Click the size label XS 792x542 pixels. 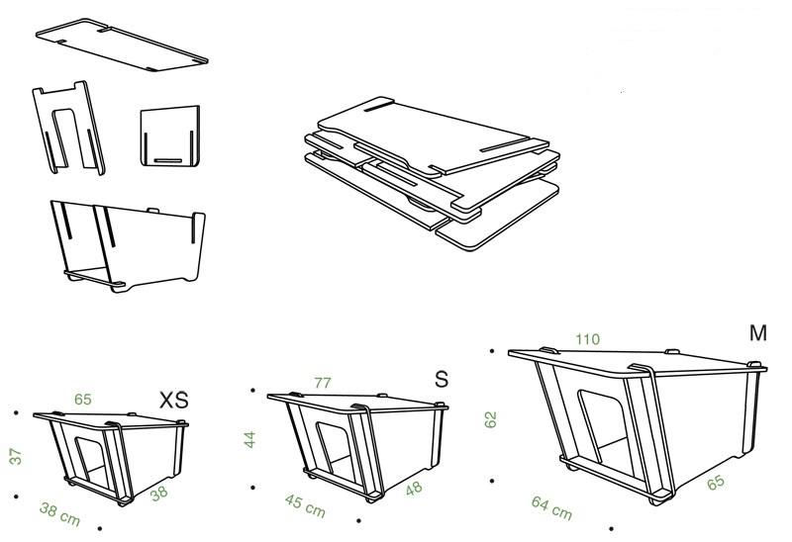click(x=174, y=400)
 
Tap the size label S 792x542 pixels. click(x=441, y=379)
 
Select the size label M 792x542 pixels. click(x=758, y=333)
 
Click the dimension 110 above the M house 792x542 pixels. click(x=588, y=339)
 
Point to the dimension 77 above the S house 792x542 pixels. click(x=323, y=383)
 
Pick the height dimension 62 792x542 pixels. click(x=490, y=420)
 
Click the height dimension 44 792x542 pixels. click(x=250, y=439)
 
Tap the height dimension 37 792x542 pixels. click(x=16, y=456)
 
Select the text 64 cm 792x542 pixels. click(x=551, y=508)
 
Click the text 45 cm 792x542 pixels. click(x=305, y=505)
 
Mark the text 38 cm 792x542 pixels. click(x=60, y=514)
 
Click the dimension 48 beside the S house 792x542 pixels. click(x=414, y=488)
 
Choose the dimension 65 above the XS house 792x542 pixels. click(x=83, y=400)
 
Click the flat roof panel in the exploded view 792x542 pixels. click(x=122, y=45)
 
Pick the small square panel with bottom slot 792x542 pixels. click(x=170, y=135)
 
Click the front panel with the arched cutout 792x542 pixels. click(x=68, y=128)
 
